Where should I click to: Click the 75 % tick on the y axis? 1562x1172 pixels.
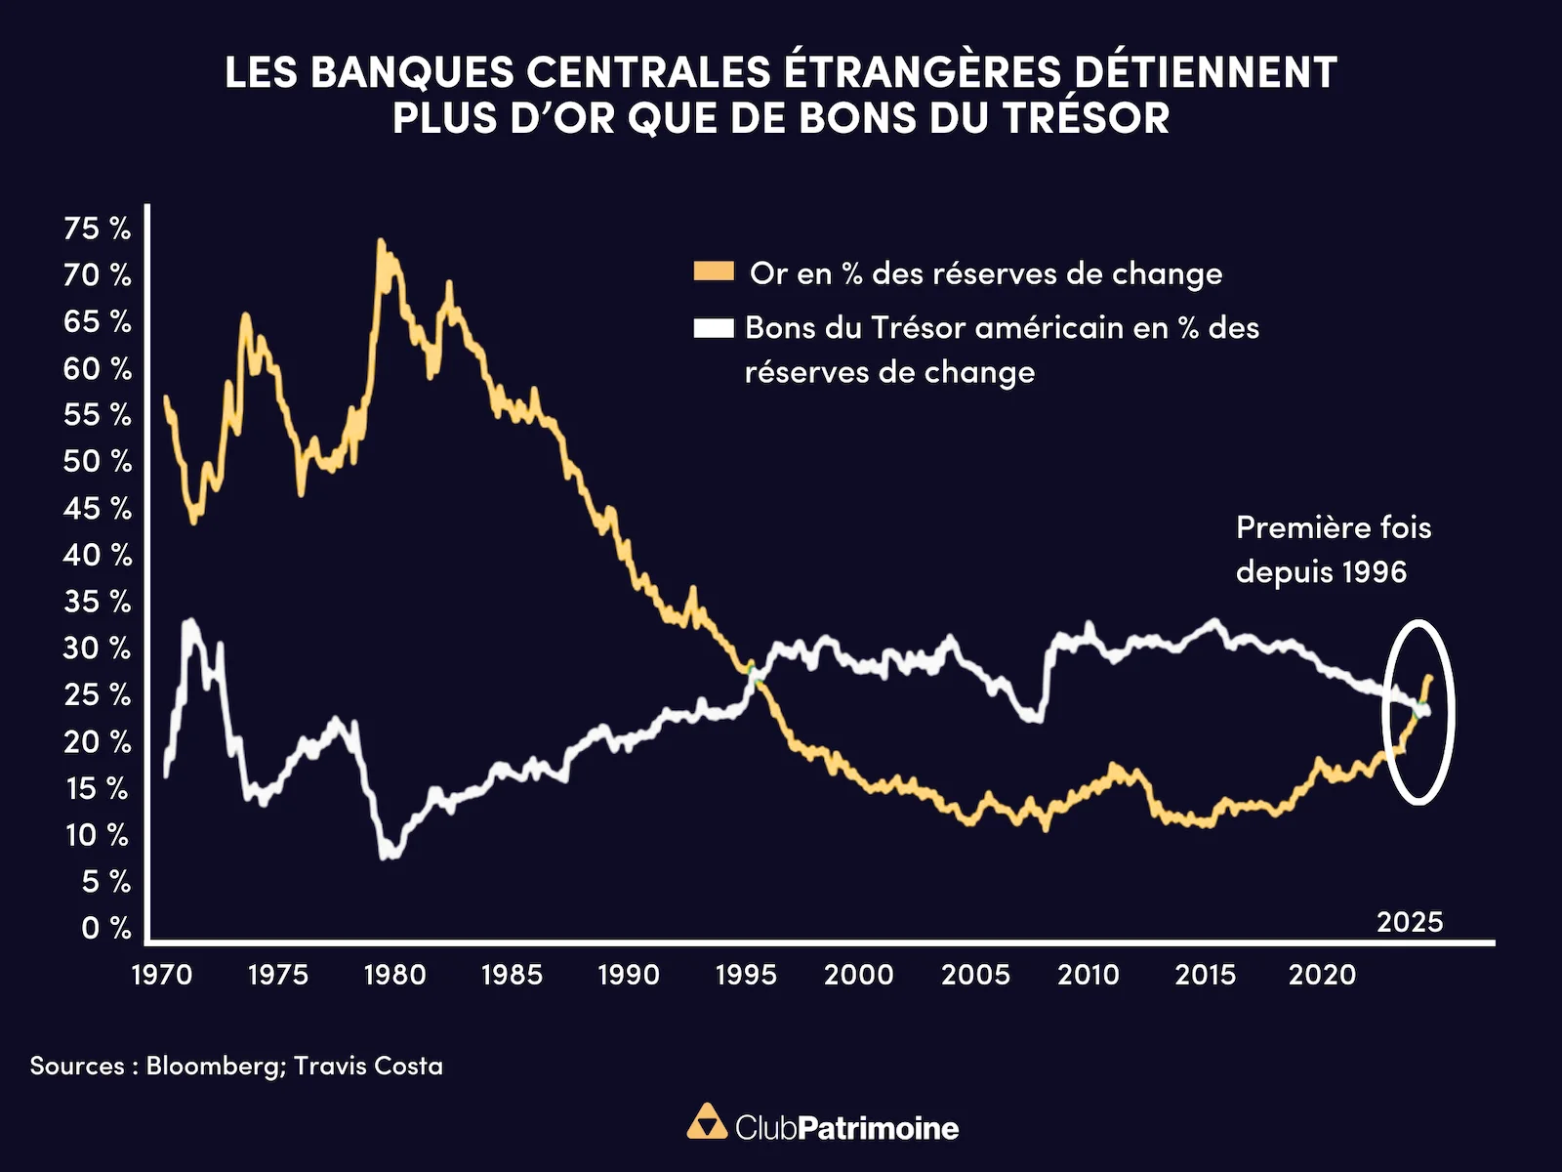(x=97, y=229)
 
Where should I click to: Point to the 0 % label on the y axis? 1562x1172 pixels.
(x=105, y=928)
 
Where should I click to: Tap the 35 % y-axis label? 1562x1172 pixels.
(x=97, y=602)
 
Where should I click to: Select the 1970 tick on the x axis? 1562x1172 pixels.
(x=162, y=974)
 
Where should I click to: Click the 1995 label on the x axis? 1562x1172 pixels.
(x=746, y=974)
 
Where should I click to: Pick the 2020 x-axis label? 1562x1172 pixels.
(x=1322, y=974)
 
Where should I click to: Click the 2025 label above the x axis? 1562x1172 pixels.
(x=1409, y=922)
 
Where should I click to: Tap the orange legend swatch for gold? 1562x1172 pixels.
(x=714, y=272)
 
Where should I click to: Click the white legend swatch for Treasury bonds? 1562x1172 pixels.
(x=714, y=328)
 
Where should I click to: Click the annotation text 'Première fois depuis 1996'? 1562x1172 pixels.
(x=1333, y=549)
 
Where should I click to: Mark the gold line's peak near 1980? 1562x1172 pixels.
(x=381, y=241)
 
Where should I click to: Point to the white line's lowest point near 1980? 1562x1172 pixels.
(x=389, y=855)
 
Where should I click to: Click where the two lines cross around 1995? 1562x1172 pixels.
(x=752, y=673)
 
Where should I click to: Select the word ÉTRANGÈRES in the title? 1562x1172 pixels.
(x=923, y=73)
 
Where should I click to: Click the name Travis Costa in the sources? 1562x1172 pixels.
(x=368, y=1066)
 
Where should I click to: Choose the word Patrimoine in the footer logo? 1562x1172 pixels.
(x=878, y=1128)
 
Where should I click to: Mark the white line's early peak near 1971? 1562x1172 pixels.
(x=189, y=621)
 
